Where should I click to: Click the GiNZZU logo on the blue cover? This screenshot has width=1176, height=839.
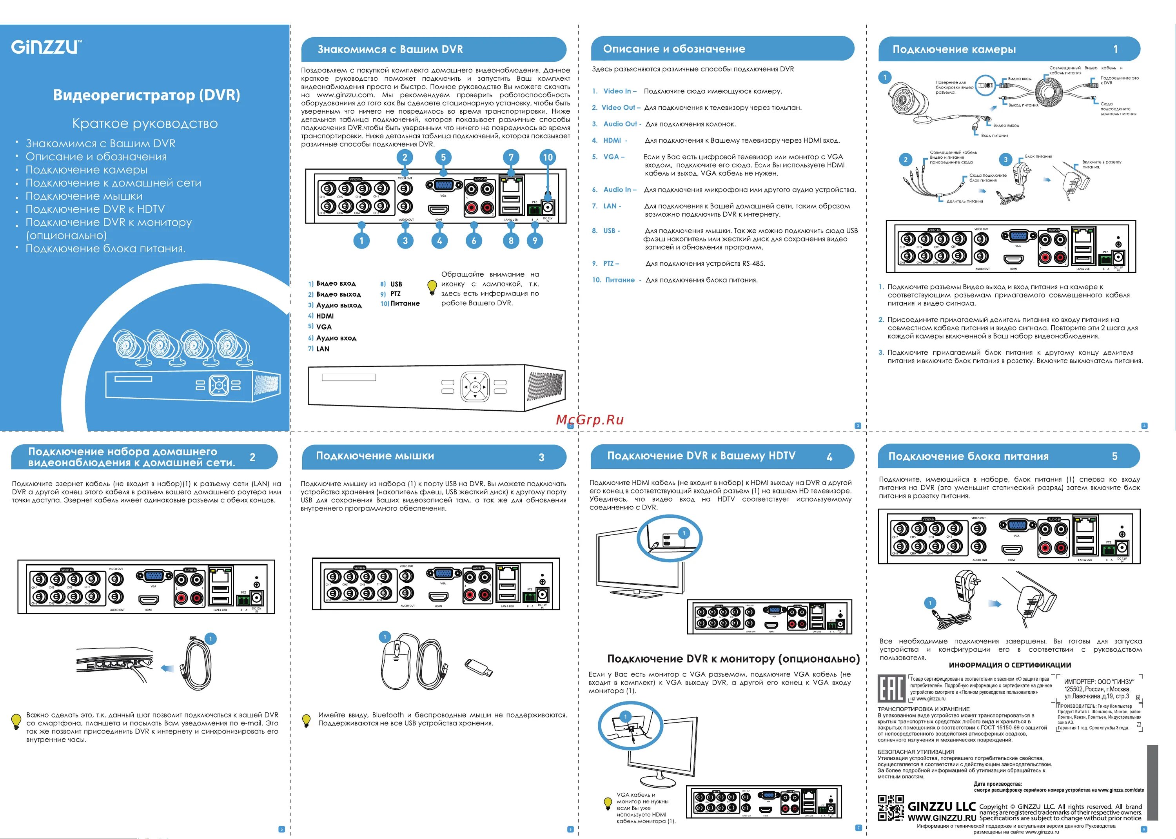pos(45,47)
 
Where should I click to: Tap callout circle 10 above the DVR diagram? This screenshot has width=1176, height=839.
pos(548,157)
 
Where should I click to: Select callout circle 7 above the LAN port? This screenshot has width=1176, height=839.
pos(511,157)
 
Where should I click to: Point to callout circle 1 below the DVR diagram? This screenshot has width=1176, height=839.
pos(361,240)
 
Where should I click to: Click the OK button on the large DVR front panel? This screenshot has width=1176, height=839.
pos(475,386)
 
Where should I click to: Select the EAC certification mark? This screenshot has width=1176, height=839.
pos(891,688)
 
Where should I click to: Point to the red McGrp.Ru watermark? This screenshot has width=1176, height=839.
pos(590,419)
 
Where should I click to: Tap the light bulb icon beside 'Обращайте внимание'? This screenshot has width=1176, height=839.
pos(432,287)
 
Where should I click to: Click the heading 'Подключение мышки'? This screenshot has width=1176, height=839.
pos(375,456)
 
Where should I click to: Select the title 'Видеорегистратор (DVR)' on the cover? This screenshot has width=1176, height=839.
pos(146,96)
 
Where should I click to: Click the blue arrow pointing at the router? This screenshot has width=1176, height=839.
pos(167,669)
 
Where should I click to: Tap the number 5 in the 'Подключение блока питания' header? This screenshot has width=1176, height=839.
pos(1114,456)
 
